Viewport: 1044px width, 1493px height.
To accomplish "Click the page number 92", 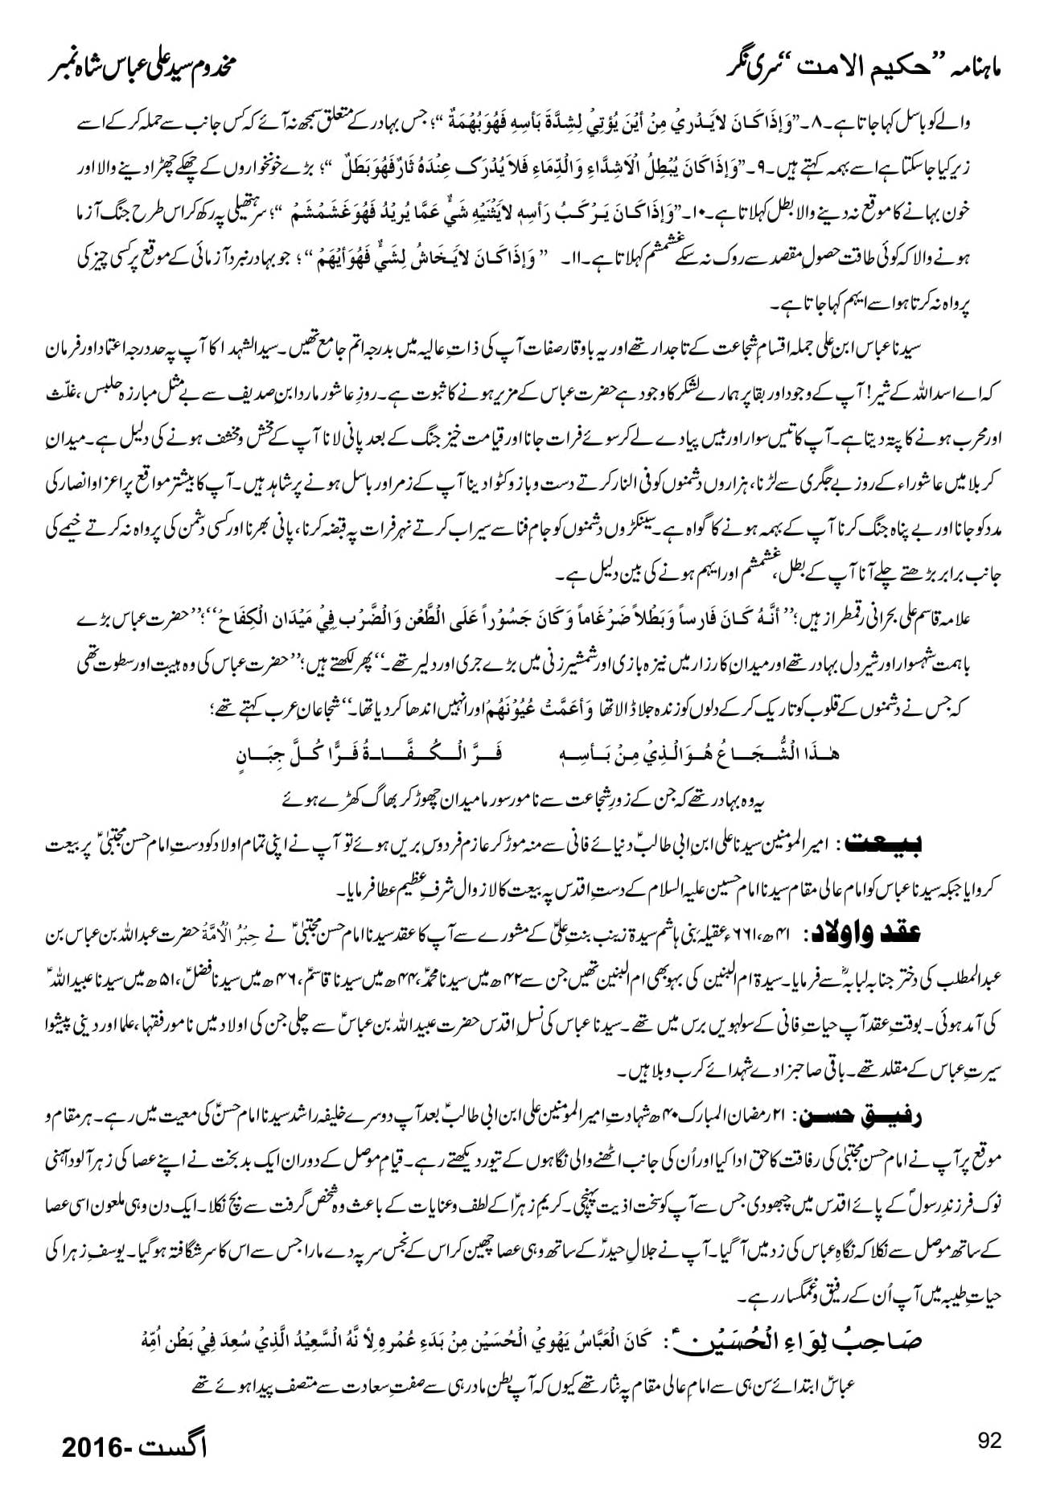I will coord(989,1440).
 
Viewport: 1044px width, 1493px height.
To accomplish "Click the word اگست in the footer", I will coord(181,1448).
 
